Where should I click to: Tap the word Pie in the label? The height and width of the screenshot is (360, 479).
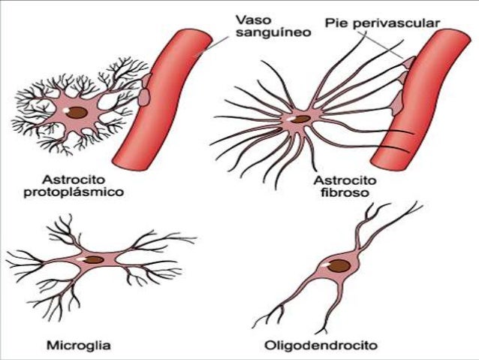coord(334,23)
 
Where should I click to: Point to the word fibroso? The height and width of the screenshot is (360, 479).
coord(341,194)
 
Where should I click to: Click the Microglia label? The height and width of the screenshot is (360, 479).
coord(79,346)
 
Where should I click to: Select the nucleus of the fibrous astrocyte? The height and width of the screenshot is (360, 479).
coord(300,119)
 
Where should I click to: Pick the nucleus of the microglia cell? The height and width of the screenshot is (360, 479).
coord(94,260)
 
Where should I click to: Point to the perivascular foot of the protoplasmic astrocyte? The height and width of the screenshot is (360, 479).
coord(144,94)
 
